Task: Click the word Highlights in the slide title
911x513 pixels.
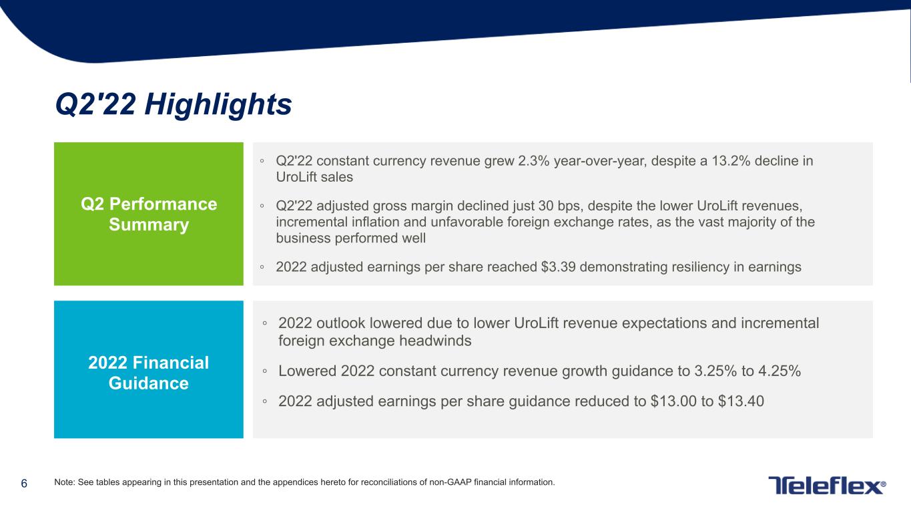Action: click(x=218, y=105)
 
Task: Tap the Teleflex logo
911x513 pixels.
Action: click(x=827, y=485)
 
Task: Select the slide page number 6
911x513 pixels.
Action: click(x=24, y=484)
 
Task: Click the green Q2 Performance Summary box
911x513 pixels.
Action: click(x=149, y=214)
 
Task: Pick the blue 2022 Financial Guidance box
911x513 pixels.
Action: click(x=149, y=369)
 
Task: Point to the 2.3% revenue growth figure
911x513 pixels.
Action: click(x=534, y=161)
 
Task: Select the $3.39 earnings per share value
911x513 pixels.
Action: click(x=558, y=267)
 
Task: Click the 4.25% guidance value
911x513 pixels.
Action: click(x=779, y=371)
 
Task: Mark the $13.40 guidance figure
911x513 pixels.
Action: click(x=741, y=401)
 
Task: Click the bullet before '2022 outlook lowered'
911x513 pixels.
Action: click(x=265, y=324)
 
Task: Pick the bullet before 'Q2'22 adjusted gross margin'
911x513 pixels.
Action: click(x=262, y=206)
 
